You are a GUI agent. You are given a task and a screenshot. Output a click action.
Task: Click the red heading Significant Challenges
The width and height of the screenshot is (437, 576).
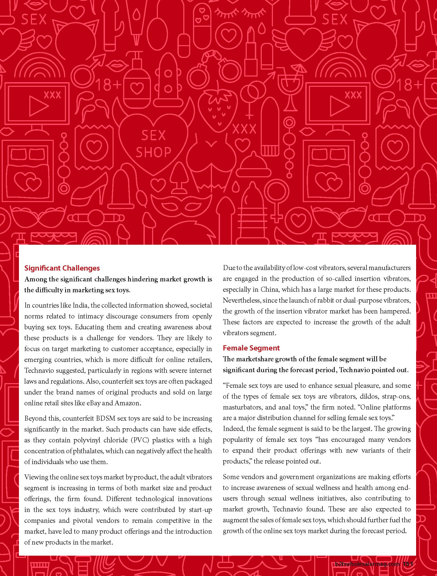pyautogui.click(x=62, y=268)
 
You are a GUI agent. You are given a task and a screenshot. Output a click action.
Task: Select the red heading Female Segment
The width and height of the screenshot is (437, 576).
pyautogui.click(x=251, y=348)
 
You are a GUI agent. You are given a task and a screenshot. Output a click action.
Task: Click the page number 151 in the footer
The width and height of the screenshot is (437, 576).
pyautogui.click(x=408, y=564)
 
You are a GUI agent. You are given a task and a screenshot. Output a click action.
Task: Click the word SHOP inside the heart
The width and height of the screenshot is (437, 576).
pyautogui.click(x=153, y=152)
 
